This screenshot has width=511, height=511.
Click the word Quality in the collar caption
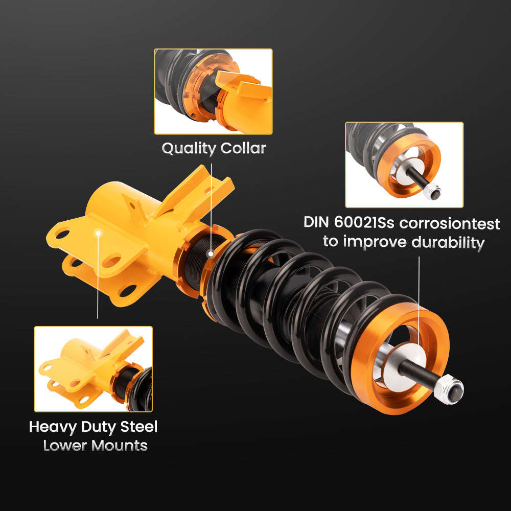click(189, 149)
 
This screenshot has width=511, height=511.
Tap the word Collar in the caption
click(243, 149)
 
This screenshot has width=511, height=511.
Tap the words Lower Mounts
click(96, 445)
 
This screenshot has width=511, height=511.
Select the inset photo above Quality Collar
click(213, 91)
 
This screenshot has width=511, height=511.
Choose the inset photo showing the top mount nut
click(404, 165)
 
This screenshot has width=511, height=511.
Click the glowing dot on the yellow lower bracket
click(98, 233)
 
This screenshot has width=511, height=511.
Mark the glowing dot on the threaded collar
click(210, 253)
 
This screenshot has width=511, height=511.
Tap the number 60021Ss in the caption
click(369, 223)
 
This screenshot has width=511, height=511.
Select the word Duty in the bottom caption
click(98, 426)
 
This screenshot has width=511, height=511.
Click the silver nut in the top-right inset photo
click(431, 191)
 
